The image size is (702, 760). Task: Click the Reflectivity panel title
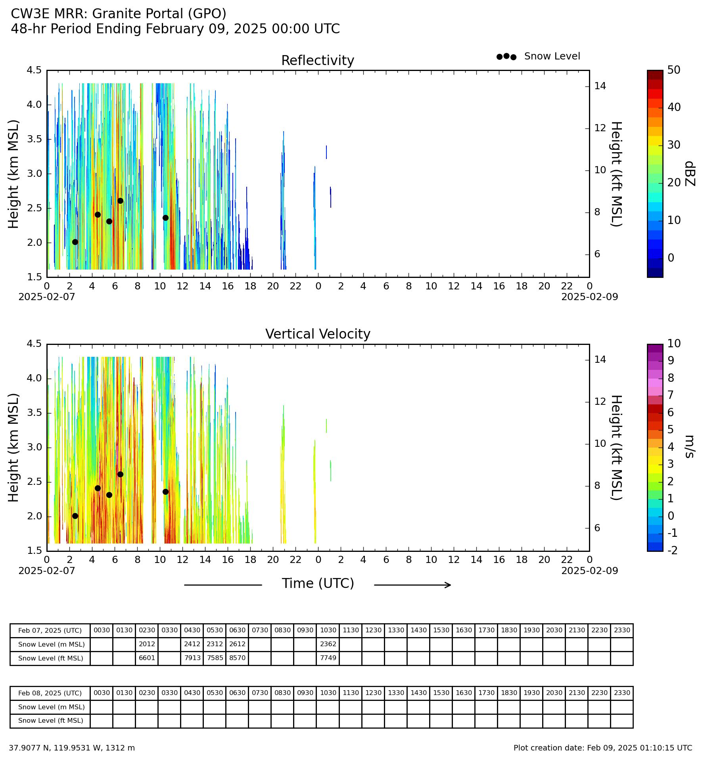point(318,61)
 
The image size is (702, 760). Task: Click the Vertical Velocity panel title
point(318,334)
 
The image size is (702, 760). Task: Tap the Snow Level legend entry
point(552,56)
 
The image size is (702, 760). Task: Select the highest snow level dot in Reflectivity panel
point(120,201)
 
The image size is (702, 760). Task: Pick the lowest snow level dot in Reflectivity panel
point(75,242)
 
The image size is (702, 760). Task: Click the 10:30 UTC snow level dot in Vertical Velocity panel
point(165,492)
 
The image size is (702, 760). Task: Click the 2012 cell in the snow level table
point(147,644)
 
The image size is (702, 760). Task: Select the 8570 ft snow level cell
point(237,658)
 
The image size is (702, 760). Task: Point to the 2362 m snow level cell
point(328,644)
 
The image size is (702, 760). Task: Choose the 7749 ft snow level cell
point(328,658)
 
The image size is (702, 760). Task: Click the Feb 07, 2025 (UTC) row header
point(50,631)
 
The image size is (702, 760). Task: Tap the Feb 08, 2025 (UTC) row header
point(50,693)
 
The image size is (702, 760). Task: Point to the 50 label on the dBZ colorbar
point(674,70)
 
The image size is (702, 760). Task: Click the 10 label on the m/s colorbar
point(674,344)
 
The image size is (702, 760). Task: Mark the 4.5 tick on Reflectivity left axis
point(34,70)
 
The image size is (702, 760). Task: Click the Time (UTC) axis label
point(318,584)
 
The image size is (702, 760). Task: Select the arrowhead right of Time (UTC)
point(448,585)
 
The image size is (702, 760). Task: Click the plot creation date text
point(603,748)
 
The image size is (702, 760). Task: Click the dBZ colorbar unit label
point(690,174)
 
